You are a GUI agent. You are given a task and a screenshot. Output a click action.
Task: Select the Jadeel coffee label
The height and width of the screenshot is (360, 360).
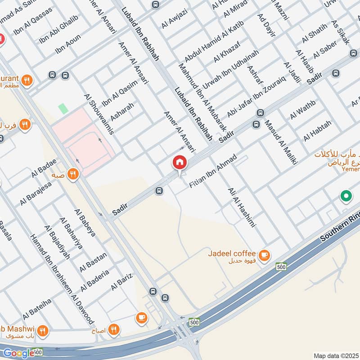click(x=232, y=253)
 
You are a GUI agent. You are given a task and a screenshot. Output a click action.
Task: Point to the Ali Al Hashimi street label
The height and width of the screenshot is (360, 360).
click(x=242, y=207)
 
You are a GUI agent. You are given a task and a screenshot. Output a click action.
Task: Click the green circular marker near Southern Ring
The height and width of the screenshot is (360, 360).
click(x=346, y=196)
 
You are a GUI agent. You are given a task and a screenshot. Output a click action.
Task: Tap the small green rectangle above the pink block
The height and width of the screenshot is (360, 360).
click(x=63, y=108)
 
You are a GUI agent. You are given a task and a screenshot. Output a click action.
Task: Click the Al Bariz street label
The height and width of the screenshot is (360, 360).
click(x=121, y=282)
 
